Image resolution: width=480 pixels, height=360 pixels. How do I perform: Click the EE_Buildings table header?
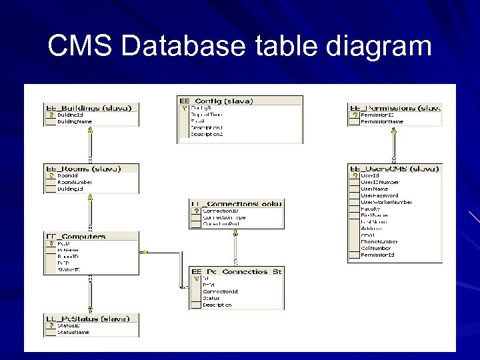91,107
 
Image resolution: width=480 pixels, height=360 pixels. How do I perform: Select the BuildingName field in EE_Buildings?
75,121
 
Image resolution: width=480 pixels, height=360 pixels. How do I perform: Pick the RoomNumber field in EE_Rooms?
75,182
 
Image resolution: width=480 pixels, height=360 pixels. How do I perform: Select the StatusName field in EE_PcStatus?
73,331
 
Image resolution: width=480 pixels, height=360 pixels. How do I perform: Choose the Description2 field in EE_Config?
207,134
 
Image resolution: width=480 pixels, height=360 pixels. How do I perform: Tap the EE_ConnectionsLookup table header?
237,203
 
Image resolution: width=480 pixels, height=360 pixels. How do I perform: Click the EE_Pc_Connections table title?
237,271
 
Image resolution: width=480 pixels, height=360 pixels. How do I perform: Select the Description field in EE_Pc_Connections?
217,305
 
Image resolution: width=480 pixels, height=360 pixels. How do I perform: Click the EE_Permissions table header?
394,107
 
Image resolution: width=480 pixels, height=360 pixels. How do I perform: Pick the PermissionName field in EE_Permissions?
382,122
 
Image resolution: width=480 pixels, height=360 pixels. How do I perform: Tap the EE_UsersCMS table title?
394,169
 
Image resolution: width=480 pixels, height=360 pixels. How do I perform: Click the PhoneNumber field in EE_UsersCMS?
379,242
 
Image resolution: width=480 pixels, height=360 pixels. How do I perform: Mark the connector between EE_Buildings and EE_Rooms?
91,145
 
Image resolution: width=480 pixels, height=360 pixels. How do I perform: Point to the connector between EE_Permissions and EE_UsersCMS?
394,145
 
